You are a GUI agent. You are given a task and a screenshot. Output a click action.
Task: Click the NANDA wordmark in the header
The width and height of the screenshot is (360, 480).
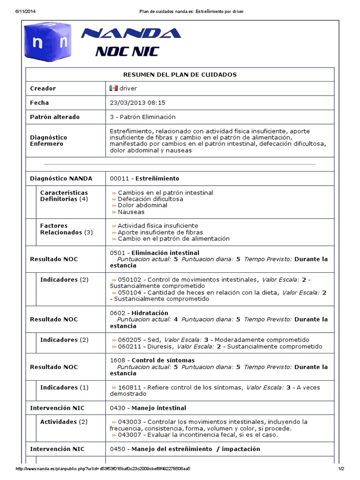click(x=131, y=33)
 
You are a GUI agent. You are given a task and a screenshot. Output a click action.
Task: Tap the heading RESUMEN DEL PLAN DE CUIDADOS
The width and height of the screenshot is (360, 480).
click(x=180, y=75)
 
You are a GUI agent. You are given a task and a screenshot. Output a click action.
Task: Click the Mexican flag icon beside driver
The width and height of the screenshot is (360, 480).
click(x=113, y=88)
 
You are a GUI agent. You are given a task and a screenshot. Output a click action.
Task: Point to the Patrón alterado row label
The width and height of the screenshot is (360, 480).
click(x=55, y=117)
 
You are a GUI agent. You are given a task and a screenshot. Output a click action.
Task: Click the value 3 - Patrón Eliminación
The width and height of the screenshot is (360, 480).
click(x=142, y=117)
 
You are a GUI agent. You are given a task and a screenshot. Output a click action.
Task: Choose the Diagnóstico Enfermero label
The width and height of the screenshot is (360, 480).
click(x=49, y=141)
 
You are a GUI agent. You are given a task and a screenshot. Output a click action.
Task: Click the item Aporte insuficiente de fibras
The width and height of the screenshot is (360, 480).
click(x=160, y=232)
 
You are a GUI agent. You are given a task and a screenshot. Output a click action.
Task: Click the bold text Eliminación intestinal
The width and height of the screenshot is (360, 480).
click(x=162, y=253)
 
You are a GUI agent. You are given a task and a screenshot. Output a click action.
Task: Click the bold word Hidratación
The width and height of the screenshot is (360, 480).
click(x=150, y=313)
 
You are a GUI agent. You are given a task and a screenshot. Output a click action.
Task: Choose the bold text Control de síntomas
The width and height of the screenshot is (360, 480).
click(x=160, y=360)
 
